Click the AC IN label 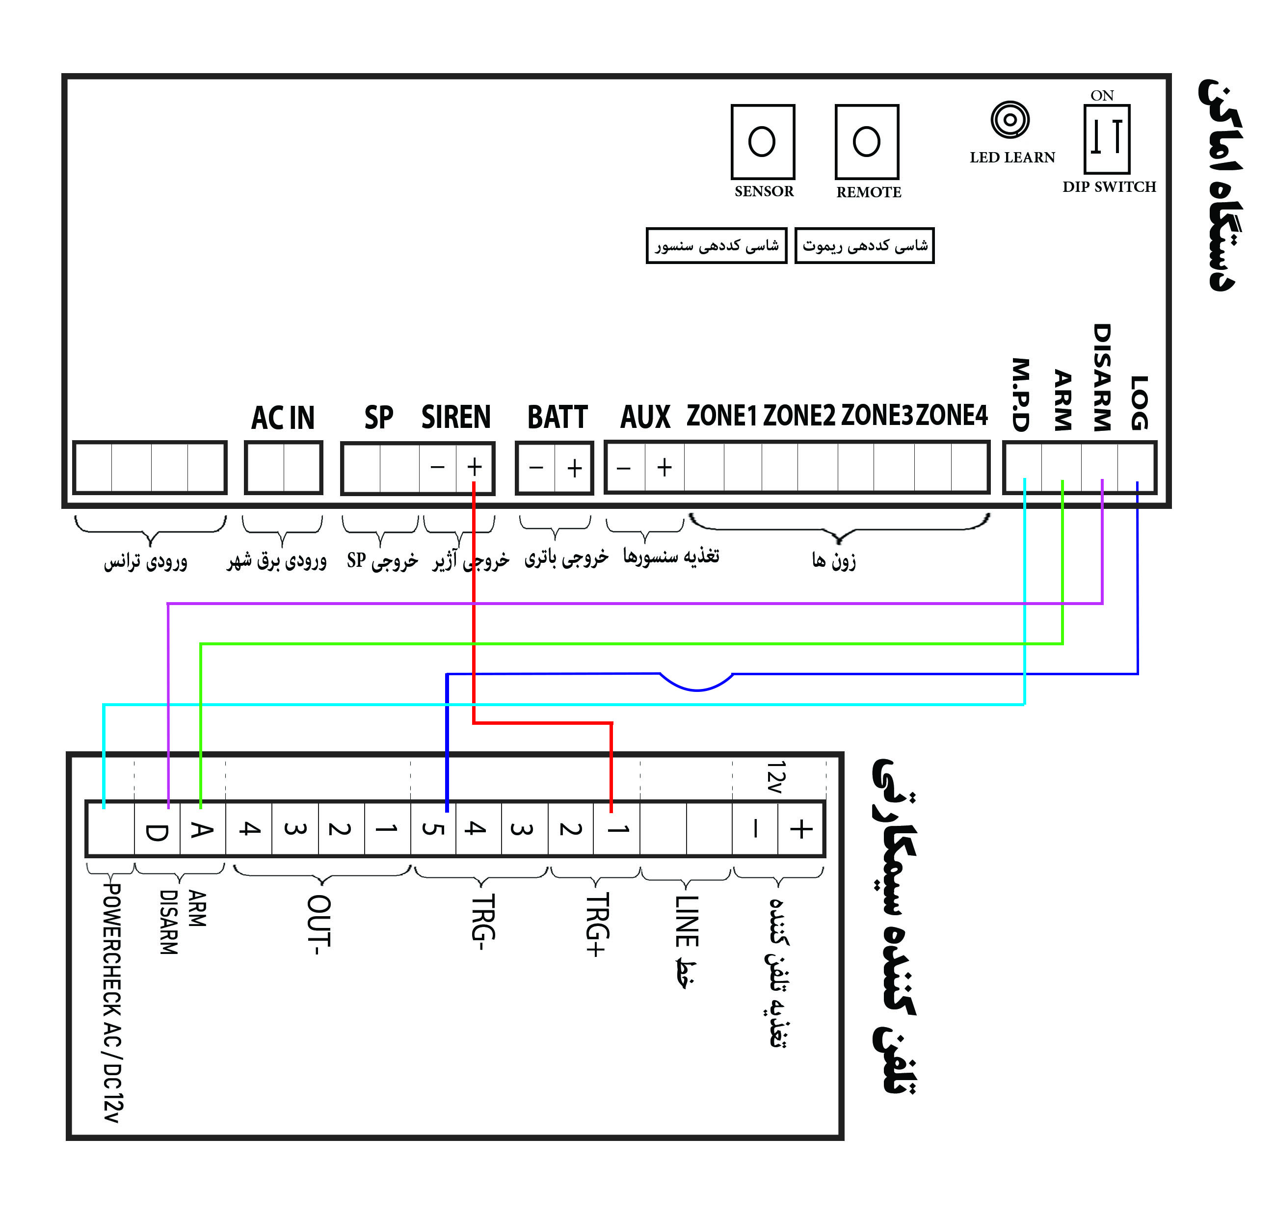(283, 418)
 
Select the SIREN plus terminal (474, 467)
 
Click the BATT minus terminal (536, 468)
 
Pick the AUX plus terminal (664, 468)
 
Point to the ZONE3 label (877, 416)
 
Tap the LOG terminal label (1139, 402)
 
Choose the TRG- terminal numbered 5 (433, 829)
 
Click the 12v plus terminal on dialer (801, 829)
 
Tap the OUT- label (319, 925)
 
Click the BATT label (558, 417)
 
